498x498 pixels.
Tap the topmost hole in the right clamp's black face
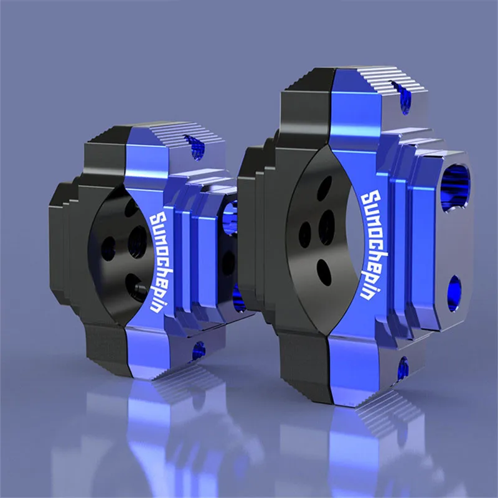click(x=324, y=187)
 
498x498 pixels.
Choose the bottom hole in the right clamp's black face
click(x=324, y=271)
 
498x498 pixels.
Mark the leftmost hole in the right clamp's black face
click(x=305, y=233)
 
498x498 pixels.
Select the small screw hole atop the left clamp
click(x=198, y=148)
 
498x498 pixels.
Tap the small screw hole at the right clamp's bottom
click(x=403, y=367)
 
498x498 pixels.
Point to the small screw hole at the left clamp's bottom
click(x=199, y=349)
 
